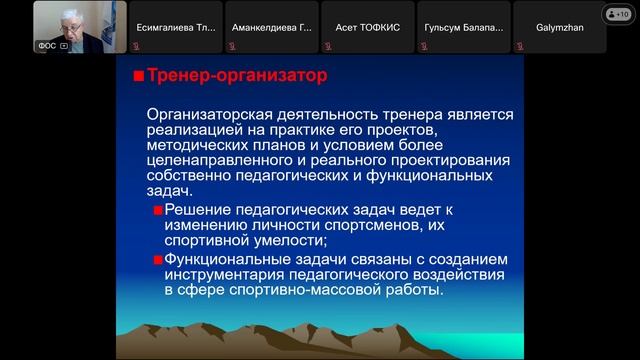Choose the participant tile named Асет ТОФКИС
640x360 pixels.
(x=370, y=27)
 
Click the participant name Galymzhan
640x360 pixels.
(x=562, y=27)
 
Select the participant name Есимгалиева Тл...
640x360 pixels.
(x=177, y=27)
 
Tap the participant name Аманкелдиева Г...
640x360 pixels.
(x=273, y=27)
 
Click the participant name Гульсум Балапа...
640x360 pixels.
(x=465, y=27)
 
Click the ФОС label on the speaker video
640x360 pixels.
(x=47, y=46)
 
